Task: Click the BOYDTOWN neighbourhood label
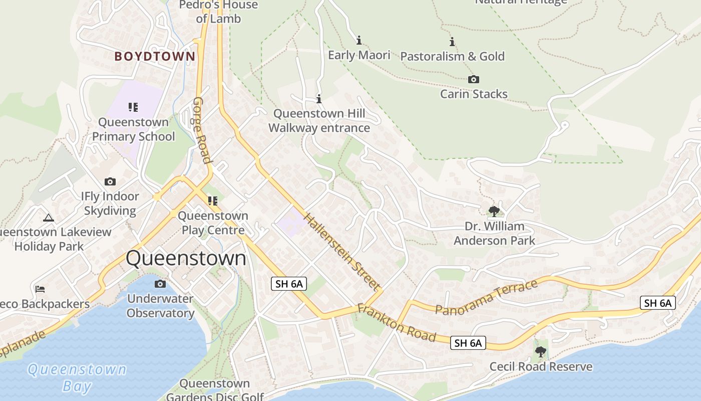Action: (154, 56)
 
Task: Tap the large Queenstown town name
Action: (186, 259)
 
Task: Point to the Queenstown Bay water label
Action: (77, 377)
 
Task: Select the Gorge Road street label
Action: (201, 130)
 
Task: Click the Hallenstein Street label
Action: (341, 252)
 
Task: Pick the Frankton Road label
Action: (396, 323)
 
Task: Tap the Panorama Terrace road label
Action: (486, 298)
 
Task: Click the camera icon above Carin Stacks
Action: (473, 79)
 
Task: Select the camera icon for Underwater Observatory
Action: (160, 284)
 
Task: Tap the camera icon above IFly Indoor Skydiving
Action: (110, 181)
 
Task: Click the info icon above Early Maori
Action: (359, 40)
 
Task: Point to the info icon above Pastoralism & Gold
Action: (452, 42)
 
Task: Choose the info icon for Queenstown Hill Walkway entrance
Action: (319, 99)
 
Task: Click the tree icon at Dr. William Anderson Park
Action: (494, 211)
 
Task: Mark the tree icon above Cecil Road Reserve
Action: (540, 352)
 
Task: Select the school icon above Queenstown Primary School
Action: (133, 107)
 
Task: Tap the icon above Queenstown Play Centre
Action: (213, 201)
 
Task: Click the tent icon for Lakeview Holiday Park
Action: (48, 218)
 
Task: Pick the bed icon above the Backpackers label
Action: (40, 289)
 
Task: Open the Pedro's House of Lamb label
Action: (218, 12)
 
